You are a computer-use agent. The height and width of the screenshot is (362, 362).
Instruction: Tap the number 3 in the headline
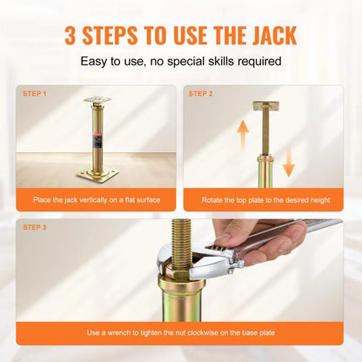[71, 36]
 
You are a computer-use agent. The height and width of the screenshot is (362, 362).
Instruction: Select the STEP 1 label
[34, 93]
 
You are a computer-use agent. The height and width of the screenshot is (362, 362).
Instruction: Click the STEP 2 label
[200, 93]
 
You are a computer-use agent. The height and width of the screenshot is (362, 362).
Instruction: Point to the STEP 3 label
[34, 227]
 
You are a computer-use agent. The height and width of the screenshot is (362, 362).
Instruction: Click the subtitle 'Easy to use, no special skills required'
[180, 62]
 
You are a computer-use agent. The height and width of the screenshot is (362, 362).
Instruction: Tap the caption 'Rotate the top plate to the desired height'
[265, 199]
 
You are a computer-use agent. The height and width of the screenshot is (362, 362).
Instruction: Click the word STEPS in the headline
[117, 36]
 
